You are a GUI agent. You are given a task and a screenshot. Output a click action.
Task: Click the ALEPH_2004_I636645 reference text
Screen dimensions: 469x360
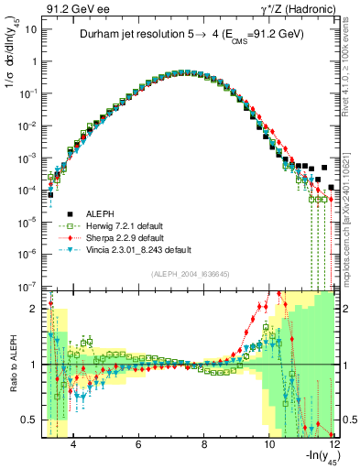190,276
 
